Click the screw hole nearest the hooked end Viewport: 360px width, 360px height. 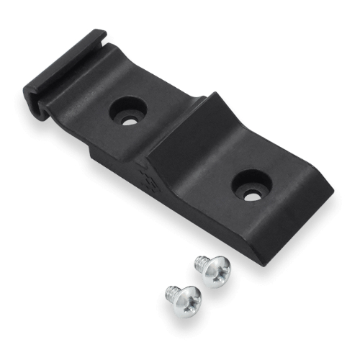pos(130,112)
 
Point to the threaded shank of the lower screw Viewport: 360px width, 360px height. pos(169,292)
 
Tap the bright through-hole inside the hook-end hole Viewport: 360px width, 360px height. pos(130,120)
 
